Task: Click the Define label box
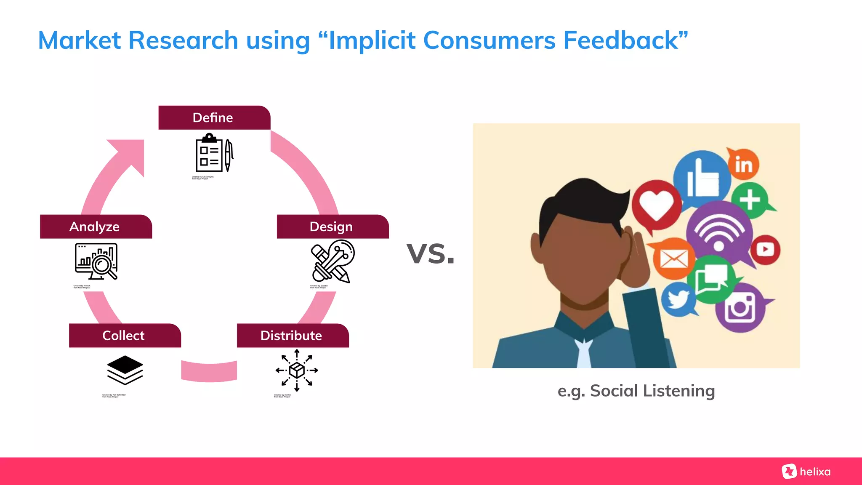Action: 214,117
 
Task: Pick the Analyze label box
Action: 96,227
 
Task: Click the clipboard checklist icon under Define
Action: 214,153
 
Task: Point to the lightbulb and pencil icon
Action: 333,261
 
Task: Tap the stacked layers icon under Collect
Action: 125,370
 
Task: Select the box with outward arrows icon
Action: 297,370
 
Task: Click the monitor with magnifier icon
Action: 96,261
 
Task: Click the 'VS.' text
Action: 431,254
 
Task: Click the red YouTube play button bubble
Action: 765,250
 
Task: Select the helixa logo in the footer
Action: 806,472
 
